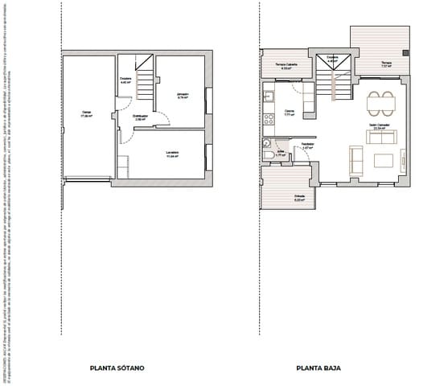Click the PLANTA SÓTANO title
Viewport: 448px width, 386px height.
[x=118, y=368]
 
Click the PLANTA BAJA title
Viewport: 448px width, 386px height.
[x=318, y=368]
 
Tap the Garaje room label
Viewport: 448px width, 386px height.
[x=86, y=114]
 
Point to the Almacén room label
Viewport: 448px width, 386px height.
[x=183, y=96]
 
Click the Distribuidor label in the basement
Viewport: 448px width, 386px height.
[x=140, y=117]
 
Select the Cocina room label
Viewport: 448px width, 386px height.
[x=289, y=112]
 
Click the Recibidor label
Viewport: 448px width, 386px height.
[x=306, y=146]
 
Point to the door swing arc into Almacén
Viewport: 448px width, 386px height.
[x=163, y=117]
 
